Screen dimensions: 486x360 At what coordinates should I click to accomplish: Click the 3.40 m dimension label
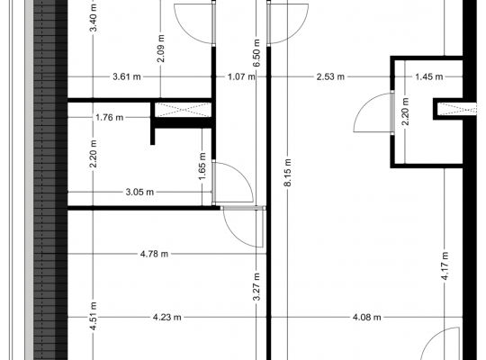click(x=94, y=18)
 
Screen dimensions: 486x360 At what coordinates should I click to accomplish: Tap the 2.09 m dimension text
click(x=160, y=49)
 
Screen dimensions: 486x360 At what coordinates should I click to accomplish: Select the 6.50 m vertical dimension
click(x=256, y=53)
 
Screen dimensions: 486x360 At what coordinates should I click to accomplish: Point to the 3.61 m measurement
click(x=127, y=76)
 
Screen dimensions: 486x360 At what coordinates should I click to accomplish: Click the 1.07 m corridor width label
click(x=241, y=76)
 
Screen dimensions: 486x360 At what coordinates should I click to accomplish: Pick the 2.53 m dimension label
click(x=330, y=76)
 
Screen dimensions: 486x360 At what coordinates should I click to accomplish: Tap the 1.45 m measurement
click(x=429, y=76)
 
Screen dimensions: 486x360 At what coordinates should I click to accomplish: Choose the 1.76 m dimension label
click(x=110, y=118)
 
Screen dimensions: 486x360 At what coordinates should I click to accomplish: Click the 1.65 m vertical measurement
click(x=202, y=166)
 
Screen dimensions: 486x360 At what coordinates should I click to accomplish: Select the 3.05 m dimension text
click(x=139, y=193)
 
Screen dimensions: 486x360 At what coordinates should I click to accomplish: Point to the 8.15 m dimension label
click(x=287, y=173)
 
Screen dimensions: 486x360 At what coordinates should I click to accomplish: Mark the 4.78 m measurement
click(x=154, y=255)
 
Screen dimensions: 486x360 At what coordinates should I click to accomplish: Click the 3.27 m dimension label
click(x=256, y=287)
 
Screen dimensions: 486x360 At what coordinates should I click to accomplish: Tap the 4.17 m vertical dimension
click(x=445, y=266)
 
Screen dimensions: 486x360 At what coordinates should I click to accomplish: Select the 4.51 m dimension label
click(x=94, y=316)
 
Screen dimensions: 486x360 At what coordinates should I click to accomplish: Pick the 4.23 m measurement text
click(x=167, y=318)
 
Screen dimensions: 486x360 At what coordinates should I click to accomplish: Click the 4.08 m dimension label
click(x=366, y=318)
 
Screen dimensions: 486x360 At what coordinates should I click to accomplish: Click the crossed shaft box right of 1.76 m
click(x=183, y=110)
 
